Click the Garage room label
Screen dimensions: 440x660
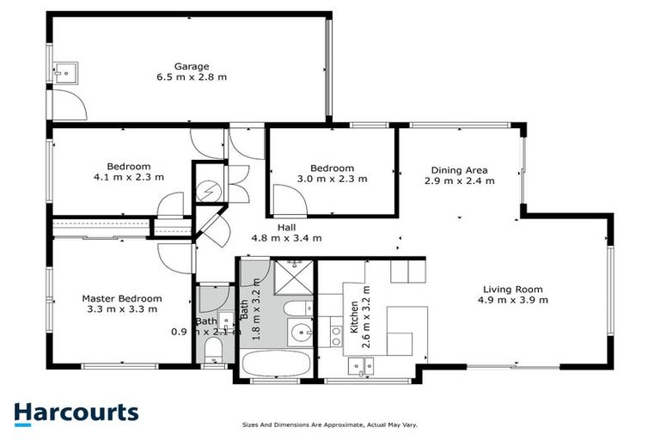pos(192,66)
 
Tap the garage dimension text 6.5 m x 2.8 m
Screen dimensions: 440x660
pos(192,77)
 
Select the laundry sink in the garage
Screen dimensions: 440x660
pos(64,73)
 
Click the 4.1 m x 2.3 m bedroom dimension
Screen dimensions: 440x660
pos(129,177)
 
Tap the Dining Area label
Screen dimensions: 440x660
pos(459,170)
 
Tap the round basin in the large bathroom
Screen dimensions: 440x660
pos(300,333)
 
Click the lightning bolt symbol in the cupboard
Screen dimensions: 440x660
pos(208,192)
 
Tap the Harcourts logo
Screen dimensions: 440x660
pos(76,412)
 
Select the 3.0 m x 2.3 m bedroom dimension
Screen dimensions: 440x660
pos(332,179)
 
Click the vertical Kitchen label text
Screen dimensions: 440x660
pos(354,315)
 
